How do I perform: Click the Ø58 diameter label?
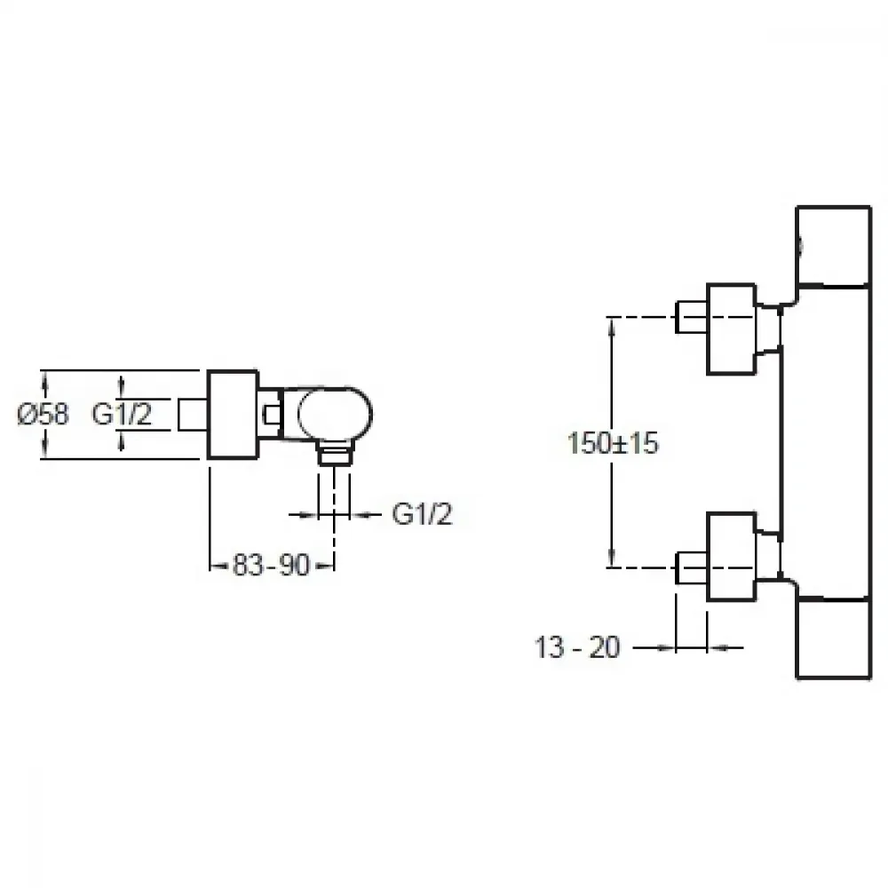click(x=44, y=414)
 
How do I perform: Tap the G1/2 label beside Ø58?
click(x=122, y=414)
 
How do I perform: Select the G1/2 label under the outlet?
click(x=423, y=514)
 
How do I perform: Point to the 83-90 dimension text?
click(x=271, y=565)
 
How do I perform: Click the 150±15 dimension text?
click(x=613, y=443)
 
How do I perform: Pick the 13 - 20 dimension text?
click(x=577, y=647)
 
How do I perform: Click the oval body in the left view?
click(x=335, y=414)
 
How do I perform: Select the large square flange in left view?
click(x=234, y=414)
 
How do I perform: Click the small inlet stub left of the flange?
click(x=193, y=414)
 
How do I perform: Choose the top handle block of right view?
click(x=833, y=246)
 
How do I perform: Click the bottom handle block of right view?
click(x=833, y=638)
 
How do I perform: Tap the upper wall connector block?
click(x=732, y=329)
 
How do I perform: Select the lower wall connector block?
click(x=732, y=557)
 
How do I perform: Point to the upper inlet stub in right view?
click(x=692, y=317)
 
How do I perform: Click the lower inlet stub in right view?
click(x=692, y=567)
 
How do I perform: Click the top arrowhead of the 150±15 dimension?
click(x=612, y=325)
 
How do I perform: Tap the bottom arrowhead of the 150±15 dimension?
click(x=612, y=559)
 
